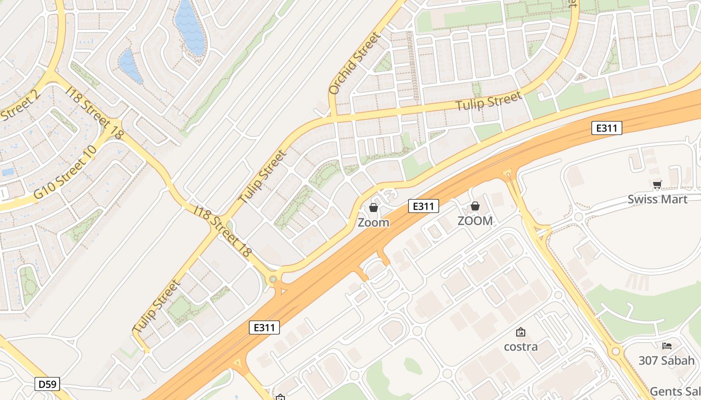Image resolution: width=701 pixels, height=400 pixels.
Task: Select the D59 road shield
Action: [x=48, y=384]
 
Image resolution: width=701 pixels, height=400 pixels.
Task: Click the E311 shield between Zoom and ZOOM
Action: [x=423, y=205]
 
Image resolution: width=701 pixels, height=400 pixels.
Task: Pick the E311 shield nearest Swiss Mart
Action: [x=606, y=128]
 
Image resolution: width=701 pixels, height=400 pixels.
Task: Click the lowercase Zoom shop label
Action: [x=373, y=222]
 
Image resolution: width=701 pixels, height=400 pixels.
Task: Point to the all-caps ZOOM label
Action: [x=475, y=220]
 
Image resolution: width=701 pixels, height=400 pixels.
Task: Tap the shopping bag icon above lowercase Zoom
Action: [x=374, y=207]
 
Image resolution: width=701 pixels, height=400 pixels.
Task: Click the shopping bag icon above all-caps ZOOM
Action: [x=475, y=206]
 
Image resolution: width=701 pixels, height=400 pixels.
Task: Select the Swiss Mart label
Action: [x=657, y=199]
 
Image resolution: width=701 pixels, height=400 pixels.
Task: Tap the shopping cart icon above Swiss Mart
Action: [x=657, y=184]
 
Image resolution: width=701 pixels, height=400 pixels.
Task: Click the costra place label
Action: [x=521, y=346]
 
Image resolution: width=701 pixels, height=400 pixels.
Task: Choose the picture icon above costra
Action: [x=521, y=332]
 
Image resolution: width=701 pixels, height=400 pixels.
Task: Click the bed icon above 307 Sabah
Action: [x=666, y=345]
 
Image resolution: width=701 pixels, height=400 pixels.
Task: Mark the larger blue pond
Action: [x=190, y=27]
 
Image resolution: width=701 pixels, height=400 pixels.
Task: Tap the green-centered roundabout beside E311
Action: [x=273, y=279]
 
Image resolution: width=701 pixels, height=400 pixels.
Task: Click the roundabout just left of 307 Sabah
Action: [x=616, y=351]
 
